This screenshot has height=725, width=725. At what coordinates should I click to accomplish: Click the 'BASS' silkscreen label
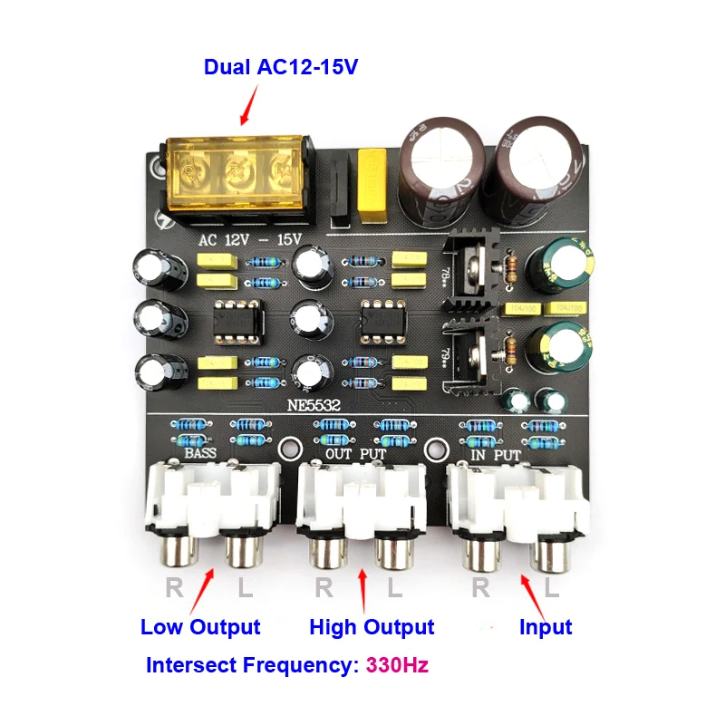pyautogui.click(x=205, y=452)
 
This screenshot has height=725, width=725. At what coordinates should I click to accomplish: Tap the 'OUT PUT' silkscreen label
pyautogui.click(x=354, y=452)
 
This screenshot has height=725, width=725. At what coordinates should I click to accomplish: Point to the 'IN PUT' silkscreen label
pyautogui.click(x=496, y=452)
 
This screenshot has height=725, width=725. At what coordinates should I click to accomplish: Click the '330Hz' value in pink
pyautogui.click(x=397, y=665)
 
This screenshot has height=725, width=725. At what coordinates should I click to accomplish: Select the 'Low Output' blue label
pyautogui.click(x=200, y=627)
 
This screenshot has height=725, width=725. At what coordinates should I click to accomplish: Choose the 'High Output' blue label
pyautogui.click(x=372, y=627)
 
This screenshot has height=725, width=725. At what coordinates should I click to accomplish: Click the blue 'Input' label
pyautogui.click(x=546, y=627)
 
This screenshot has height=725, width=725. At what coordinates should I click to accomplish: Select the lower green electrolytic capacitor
pyautogui.click(x=559, y=351)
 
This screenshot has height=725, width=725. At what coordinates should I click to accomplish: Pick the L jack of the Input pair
pyautogui.click(x=552, y=553)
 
